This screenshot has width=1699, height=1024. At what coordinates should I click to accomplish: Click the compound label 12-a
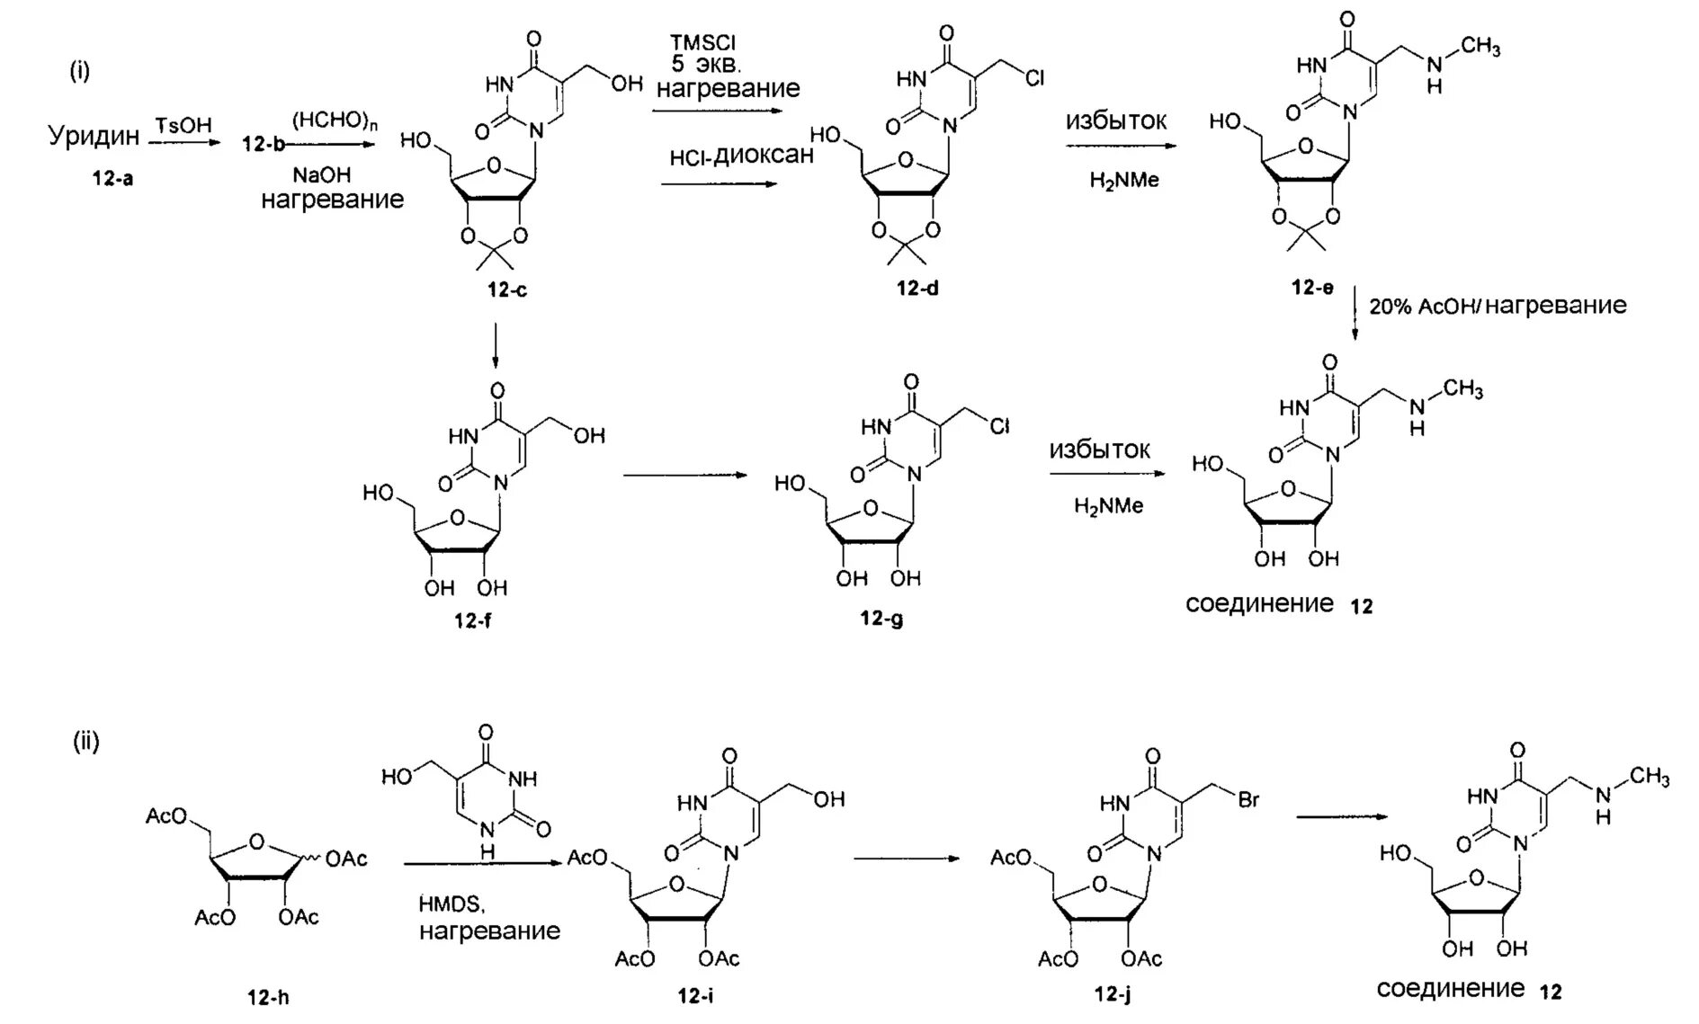[112, 178]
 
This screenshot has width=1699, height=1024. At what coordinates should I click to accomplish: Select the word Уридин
[94, 136]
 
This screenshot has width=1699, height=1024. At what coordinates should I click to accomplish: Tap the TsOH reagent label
[183, 125]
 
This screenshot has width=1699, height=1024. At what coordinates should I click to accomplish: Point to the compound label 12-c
[507, 289]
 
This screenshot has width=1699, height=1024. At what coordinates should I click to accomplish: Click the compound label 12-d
[917, 288]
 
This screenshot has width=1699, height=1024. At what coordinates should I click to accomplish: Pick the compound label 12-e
[1312, 288]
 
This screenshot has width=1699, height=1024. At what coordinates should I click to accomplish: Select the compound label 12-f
[472, 620]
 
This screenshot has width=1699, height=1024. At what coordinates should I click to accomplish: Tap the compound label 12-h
[268, 997]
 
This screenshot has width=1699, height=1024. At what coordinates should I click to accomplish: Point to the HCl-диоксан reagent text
[741, 156]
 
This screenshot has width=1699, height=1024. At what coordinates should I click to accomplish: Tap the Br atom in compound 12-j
[1247, 799]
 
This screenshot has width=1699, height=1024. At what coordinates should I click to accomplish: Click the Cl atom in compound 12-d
[1034, 79]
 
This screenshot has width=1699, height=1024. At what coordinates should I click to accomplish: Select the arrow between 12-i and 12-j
[906, 858]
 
